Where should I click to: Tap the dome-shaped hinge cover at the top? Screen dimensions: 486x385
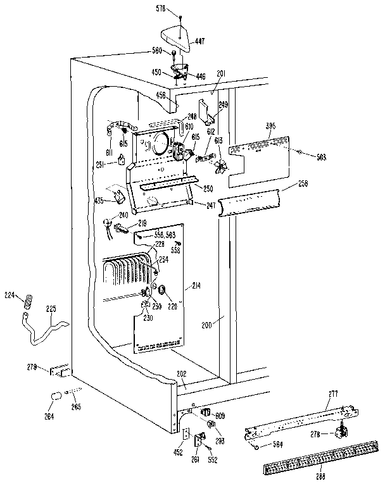click(x=178, y=37)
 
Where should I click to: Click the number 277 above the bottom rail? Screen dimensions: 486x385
click(x=333, y=394)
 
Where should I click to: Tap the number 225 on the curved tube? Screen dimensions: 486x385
click(x=52, y=309)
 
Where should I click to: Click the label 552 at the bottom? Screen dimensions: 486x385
click(x=212, y=460)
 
